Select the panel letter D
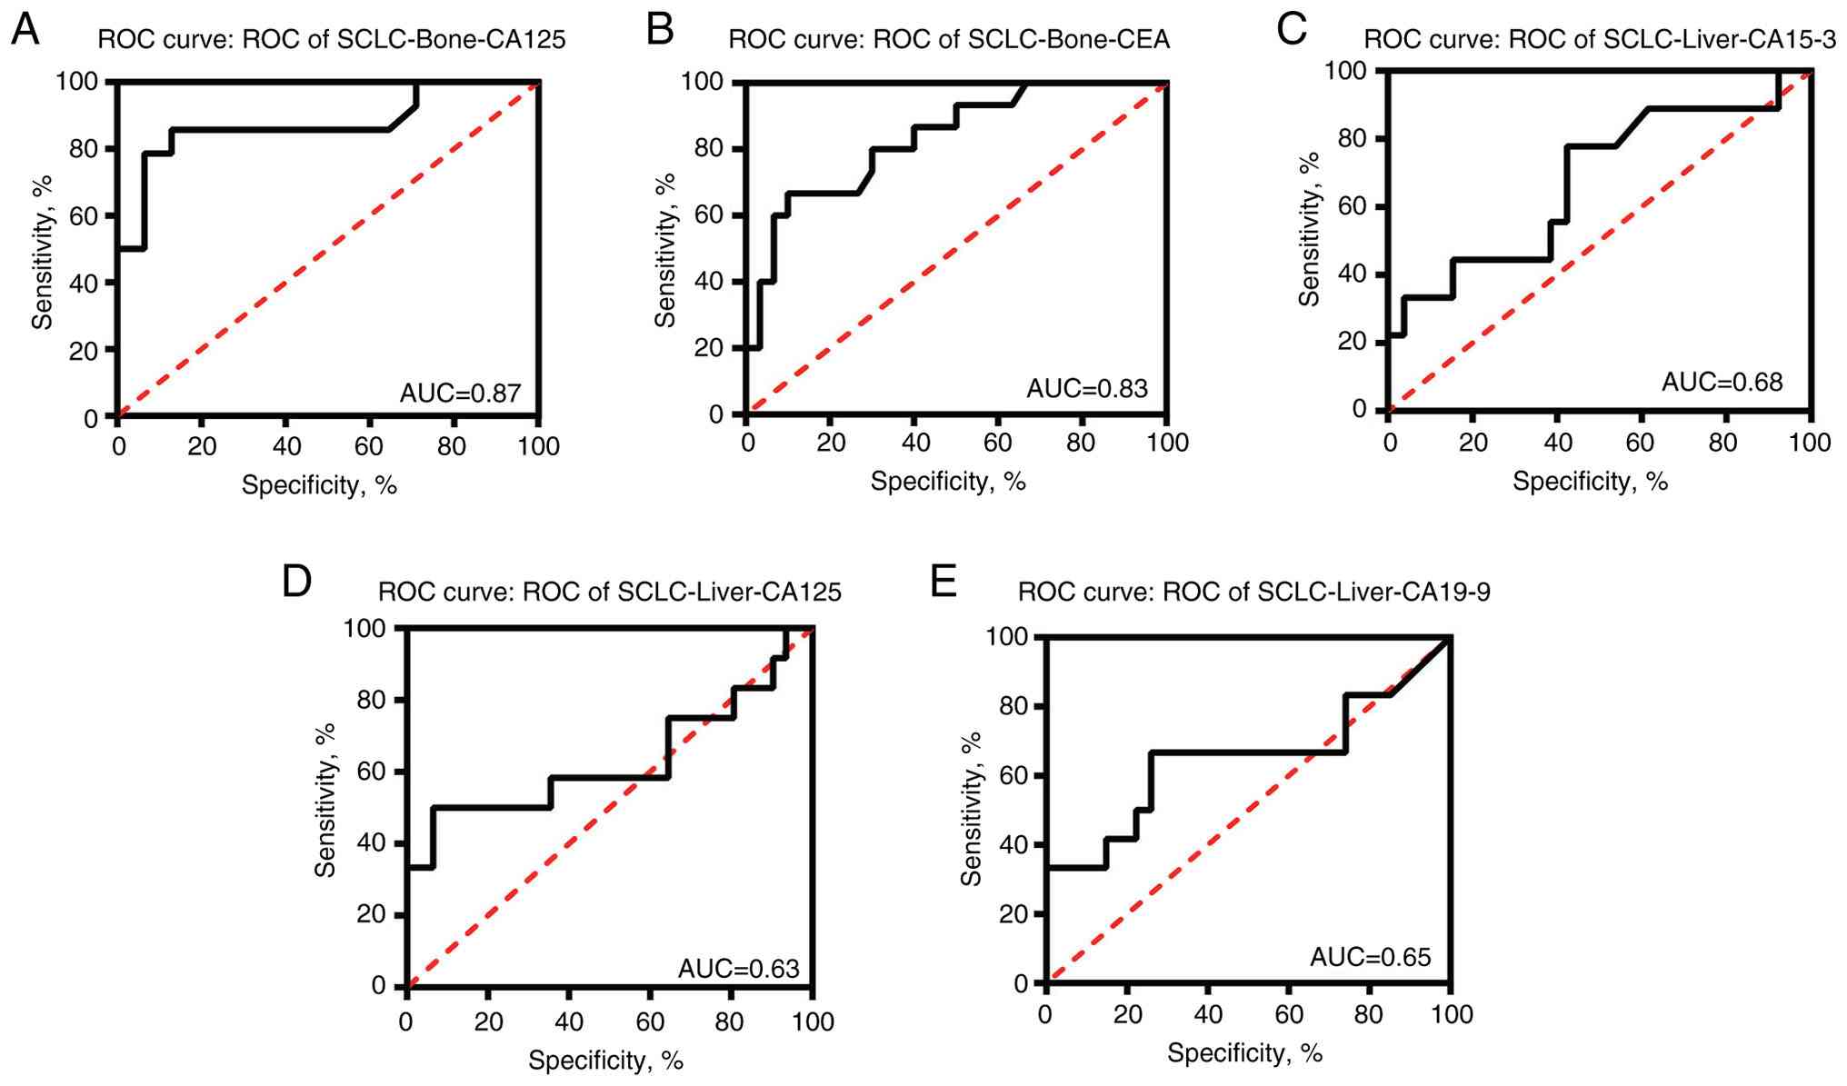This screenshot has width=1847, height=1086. (297, 581)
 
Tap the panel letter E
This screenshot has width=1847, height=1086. (943, 581)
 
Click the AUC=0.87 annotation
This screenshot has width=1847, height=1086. (461, 393)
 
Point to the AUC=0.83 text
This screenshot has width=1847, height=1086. (1087, 389)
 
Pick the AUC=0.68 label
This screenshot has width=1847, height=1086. (1722, 382)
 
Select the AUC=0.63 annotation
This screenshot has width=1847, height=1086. (739, 969)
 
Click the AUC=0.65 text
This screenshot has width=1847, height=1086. (1370, 957)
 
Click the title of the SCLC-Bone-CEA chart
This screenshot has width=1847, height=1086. (949, 39)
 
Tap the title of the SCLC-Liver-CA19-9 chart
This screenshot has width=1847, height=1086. (1253, 592)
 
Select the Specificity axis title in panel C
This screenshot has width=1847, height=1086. (1590, 482)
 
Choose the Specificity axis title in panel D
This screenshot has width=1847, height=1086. (605, 1060)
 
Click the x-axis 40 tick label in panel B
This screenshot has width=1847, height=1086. (915, 443)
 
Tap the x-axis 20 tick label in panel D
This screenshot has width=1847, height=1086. (488, 1021)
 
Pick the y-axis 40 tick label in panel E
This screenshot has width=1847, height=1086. (1010, 845)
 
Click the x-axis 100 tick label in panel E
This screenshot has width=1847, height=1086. (1452, 1014)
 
